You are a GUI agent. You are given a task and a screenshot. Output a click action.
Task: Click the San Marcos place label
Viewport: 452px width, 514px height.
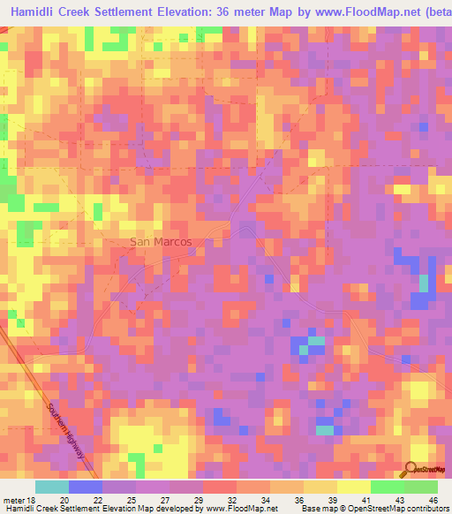point(161,241)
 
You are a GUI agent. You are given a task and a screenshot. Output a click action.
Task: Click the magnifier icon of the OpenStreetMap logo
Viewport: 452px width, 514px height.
point(411,469)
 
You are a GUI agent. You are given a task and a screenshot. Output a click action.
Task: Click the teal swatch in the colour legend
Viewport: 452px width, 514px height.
point(52,487)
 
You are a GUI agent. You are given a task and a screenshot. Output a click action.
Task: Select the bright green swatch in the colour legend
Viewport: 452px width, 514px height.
point(387,487)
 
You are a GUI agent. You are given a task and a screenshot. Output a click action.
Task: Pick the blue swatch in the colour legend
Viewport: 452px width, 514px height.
point(86,487)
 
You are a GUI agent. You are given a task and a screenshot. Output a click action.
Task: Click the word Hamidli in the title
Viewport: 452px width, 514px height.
point(41,13)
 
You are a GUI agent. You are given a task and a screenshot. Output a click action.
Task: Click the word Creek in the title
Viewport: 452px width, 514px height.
point(92,13)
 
